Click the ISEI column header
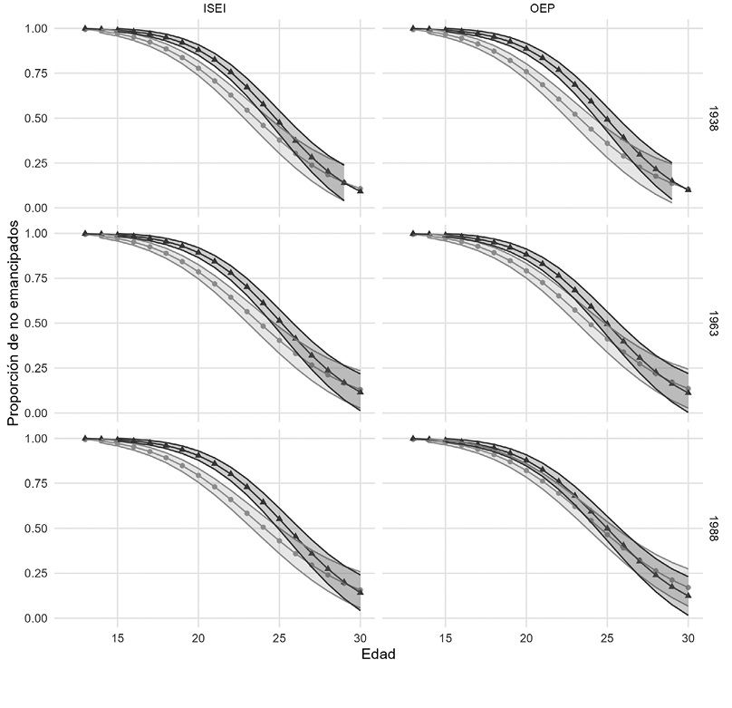coord(216,10)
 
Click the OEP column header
coord(544,10)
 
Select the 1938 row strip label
coord(714,119)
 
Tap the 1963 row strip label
coord(714,324)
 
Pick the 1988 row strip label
coord(714,529)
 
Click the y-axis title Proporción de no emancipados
coord(13,324)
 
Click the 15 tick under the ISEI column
coord(118,638)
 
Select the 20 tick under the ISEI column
coord(198,638)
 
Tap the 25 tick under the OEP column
coord(607,638)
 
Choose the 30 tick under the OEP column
coord(688,638)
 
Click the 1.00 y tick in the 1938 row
coord(41,29)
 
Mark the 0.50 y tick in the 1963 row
coord(41,324)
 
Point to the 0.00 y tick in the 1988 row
coord(41,618)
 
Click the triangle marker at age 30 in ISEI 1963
coord(360,392)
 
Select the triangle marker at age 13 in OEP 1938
coord(413,28)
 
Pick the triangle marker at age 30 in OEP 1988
coord(688,596)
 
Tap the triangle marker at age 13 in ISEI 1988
coord(85,438)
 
